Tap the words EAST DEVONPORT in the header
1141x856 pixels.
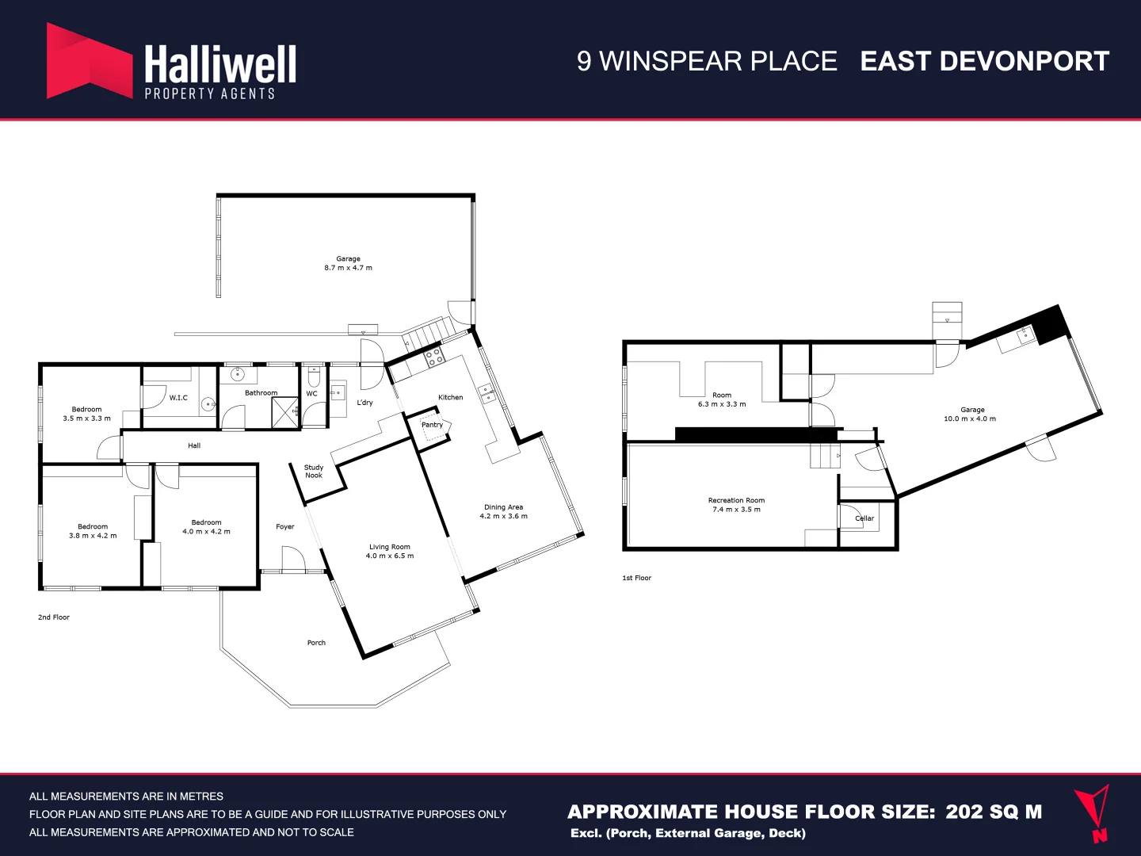pyautogui.click(x=984, y=61)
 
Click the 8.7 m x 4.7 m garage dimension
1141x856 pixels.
pyautogui.click(x=348, y=268)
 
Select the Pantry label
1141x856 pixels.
pyautogui.click(x=432, y=425)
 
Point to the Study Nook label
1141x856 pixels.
pyautogui.click(x=314, y=472)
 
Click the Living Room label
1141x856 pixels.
pyautogui.click(x=389, y=547)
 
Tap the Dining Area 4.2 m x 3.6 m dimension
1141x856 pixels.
pyautogui.click(x=503, y=516)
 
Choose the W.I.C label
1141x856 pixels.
pyautogui.click(x=178, y=398)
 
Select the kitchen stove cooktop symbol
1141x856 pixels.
pyautogui.click(x=434, y=357)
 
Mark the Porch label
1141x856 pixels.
pyautogui.click(x=316, y=643)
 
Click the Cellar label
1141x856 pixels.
pyautogui.click(x=864, y=518)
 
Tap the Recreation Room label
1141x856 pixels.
pyautogui.click(x=736, y=500)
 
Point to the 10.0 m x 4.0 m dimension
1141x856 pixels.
pyautogui.click(x=970, y=418)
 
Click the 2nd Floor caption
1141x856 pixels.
pyautogui.click(x=54, y=617)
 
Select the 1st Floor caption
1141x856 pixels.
pyautogui.click(x=636, y=578)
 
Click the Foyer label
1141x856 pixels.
pyautogui.click(x=285, y=526)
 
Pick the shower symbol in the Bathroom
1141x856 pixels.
pyautogui.click(x=284, y=413)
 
